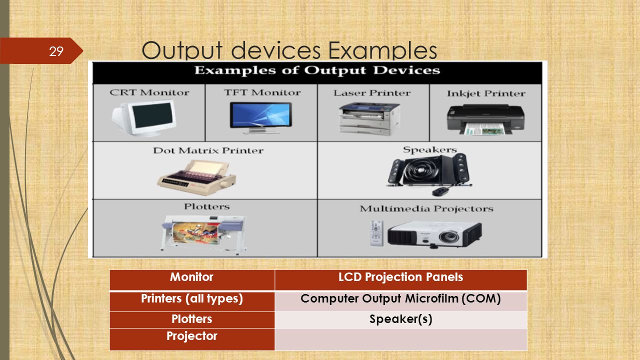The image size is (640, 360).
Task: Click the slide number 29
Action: click(56, 51)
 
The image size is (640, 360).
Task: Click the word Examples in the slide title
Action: click(382, 50)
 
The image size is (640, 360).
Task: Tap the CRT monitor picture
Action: click(144, 118)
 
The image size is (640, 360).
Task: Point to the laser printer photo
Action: click(369, 119)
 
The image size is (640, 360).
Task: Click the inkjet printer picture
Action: click(485, 119)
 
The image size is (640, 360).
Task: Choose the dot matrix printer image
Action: click(196, 177)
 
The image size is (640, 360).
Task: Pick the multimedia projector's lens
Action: click(449, 237)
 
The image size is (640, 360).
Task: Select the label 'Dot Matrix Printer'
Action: click(208, 150)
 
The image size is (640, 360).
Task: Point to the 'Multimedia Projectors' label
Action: click(426, 209)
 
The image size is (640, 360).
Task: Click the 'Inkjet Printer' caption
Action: click(486, 93)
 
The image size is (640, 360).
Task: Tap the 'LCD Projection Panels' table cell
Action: click(401, 280)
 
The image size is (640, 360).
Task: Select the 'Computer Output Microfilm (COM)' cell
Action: click(401, 301)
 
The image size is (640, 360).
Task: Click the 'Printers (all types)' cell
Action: click(192, 301)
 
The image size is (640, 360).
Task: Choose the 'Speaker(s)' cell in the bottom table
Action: click(401, 319)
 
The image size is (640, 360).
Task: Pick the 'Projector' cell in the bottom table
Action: click(192, 339)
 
